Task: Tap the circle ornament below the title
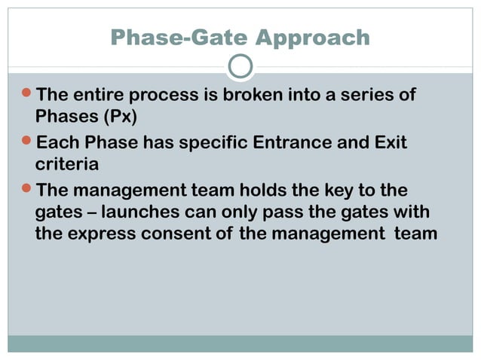pos(240,67)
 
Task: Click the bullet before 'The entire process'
pos(27,96)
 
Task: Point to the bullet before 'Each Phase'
pos(27,142)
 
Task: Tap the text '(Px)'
pos(116,118)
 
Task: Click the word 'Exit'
pos(390,142)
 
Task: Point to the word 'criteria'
pos(67,164)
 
